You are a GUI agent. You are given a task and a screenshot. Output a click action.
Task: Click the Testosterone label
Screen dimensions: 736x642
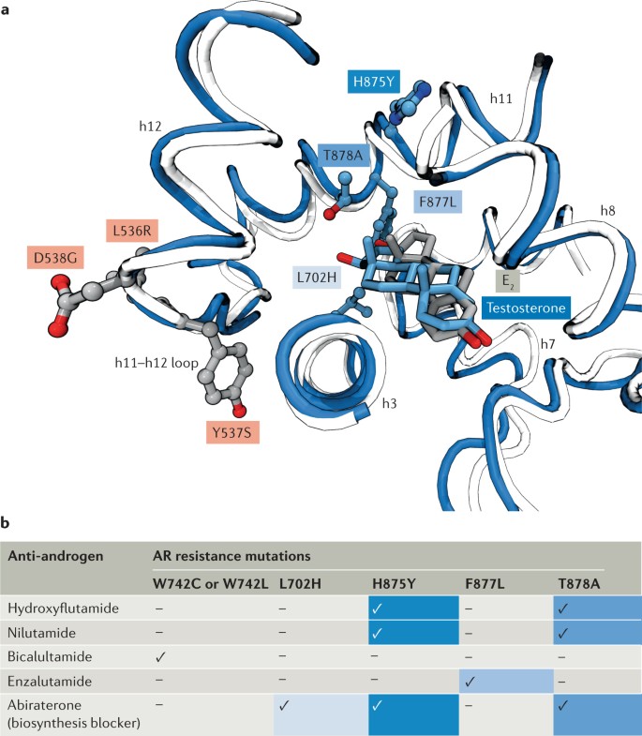[x=528, y=306]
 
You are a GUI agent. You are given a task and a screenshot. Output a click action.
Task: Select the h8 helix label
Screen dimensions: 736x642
[x=607, y=212]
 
